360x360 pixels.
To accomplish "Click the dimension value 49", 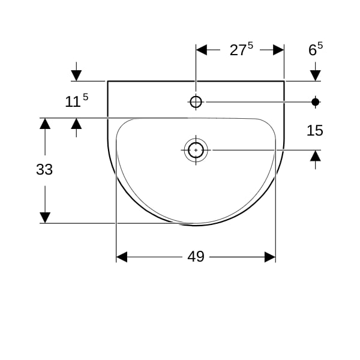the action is click(196, 256).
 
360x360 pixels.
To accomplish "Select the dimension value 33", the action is click(44, 169).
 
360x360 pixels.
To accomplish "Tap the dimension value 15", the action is click(315, 130).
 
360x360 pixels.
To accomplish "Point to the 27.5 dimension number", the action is click(241, 49).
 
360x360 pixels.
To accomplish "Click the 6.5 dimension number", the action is click(316, 49).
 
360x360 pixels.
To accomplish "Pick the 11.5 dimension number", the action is click(76, 101).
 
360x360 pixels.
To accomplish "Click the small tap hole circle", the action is click(196, 102).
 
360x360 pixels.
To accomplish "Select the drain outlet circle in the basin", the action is click(196, 150).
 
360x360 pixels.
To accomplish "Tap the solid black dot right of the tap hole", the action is click(315, 102).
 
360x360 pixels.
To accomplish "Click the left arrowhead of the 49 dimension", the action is click(121, 257).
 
